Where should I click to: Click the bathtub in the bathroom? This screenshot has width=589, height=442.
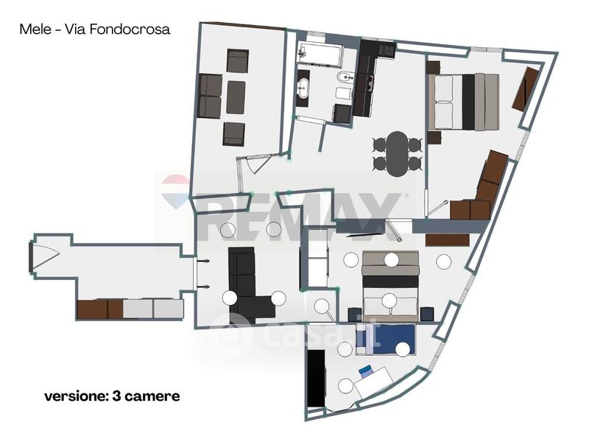320,55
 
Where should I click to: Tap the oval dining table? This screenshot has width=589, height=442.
398,154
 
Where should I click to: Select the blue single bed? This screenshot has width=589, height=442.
386,340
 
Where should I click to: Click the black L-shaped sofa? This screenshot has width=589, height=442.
248,286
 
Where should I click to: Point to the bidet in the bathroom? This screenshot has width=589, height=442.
345,78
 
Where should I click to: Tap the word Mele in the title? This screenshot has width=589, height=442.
35,29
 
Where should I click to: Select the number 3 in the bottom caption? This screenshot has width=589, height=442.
116,396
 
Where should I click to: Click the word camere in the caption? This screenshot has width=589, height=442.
152,396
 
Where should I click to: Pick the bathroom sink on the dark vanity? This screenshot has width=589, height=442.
303,88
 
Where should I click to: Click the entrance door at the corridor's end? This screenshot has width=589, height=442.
43,256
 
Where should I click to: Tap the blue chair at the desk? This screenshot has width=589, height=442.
365,371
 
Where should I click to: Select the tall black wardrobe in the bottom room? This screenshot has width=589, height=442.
316,378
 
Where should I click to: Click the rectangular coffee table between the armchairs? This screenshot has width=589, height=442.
236,97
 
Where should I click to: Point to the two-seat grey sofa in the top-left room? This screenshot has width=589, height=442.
210,97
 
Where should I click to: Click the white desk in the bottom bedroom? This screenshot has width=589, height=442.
374,382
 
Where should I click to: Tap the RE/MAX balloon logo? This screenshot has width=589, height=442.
175,192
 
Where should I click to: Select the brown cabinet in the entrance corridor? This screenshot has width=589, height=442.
100,309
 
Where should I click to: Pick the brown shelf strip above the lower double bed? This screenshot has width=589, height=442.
448,240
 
